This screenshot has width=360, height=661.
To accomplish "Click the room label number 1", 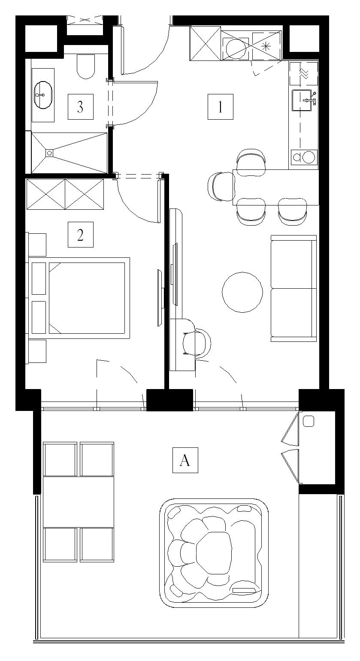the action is (x=220, y=107).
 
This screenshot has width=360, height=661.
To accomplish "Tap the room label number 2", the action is (x=80, y=235).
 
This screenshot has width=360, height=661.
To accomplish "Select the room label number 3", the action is (x=80, y=107).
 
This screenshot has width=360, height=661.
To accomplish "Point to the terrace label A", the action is (x=185, y=460).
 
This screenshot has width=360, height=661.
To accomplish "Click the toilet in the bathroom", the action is (x=85, y=66).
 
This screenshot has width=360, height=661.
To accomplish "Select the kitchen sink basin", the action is (x=302, y=100).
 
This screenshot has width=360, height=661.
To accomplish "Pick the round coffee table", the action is (x=242, y=292).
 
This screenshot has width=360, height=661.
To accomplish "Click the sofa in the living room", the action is (x=293, y=288).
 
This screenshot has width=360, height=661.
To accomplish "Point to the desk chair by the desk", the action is (x=197, y=344).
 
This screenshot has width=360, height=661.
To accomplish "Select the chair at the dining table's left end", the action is (x=221, y=187).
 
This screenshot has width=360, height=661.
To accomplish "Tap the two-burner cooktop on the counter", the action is (x=303, y=157).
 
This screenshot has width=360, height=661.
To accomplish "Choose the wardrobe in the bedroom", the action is (x=65, y=194).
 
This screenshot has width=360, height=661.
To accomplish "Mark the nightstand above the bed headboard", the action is (x=37, y=244).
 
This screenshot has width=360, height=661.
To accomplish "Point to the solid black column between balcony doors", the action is (x=169, y=400).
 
